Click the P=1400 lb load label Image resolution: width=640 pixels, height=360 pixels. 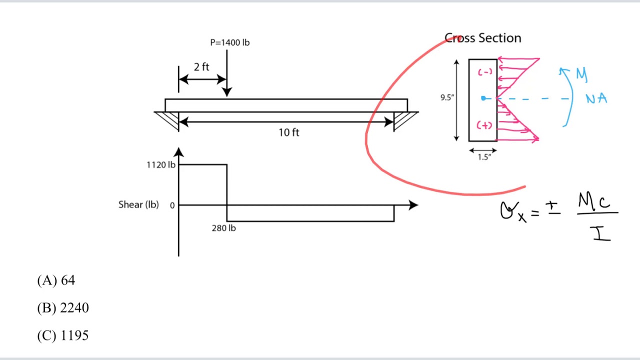pos(229,42)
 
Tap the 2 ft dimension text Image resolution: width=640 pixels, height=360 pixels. pos(201,67)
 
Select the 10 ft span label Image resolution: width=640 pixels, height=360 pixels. pos(289,132)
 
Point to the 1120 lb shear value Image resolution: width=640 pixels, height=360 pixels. pos(161,165)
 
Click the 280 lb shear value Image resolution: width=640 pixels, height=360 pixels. pos(223,228)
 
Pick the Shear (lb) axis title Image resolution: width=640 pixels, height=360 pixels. pos(138,204)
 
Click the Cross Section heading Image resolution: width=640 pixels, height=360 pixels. pos(483,38)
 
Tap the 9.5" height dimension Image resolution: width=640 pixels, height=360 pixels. pos(447,97)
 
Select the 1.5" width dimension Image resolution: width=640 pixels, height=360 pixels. pos(484,157)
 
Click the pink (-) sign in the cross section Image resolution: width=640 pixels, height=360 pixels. pos(484,72)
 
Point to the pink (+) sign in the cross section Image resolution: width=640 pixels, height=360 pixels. pos(484,125)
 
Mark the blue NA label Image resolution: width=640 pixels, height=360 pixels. pos(596,99)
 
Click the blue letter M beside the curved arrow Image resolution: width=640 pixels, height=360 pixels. pos(581,74)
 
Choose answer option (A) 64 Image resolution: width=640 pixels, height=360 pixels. pos(56,280)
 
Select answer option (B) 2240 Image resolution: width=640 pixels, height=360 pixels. pos(63,308)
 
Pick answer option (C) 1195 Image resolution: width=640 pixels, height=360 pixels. pos(63,335)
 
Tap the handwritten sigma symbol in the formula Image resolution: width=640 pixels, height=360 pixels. pos(507,211)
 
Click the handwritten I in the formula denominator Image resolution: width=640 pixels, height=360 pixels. pos(601,233)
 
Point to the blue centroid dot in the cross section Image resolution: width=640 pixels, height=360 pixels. pos(483,98)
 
